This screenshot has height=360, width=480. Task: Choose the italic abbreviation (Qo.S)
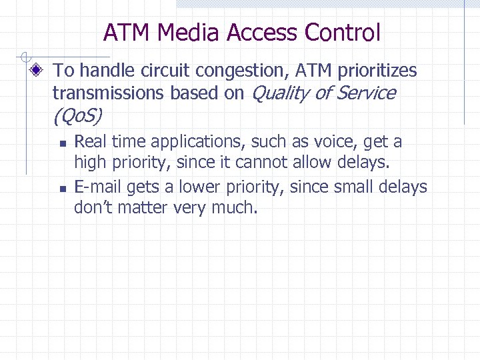77,117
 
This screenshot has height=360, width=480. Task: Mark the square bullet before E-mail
61,189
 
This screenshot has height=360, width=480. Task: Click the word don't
94,208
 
